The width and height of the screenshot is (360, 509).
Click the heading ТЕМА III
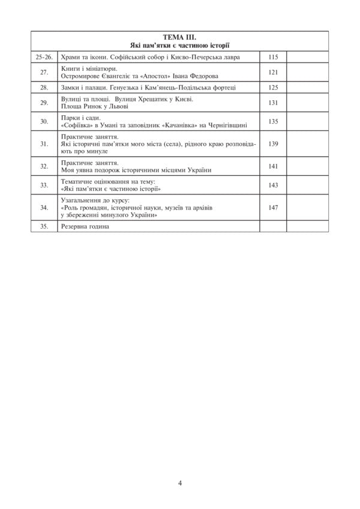click(179, 38)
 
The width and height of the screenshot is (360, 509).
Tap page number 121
click(274, 72)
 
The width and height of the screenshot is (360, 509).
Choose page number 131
click(274, 103)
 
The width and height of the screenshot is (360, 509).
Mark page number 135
click(274, 121)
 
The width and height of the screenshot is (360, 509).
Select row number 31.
click(44, 145)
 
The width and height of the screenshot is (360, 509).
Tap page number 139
click(274, 145)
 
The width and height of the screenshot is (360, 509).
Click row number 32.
click(44, 166)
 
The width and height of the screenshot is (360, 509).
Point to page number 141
click(274, 166)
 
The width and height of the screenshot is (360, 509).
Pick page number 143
click(274, 185)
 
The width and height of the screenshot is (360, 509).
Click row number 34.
click(44, 207)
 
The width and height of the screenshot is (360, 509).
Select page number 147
click(274, 207)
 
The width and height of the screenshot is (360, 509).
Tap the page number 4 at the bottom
click(180, 482)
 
